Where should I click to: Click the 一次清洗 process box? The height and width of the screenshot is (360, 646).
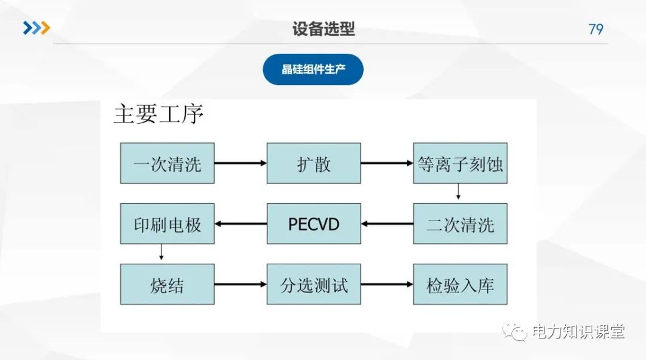[x=167, y=163]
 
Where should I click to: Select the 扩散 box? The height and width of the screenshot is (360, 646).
[x=313, y=163]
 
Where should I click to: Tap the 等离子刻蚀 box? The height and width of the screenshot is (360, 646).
[x=460, y=163]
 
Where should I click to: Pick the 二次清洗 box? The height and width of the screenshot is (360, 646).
[x=460, y=224]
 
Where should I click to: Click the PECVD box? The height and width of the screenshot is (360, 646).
[x=313, y=224]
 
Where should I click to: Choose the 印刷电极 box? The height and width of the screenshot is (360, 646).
[x=167, y=224]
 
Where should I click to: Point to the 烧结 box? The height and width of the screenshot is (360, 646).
[x=167, y=284]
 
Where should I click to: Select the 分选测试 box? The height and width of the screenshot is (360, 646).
[x=313, y=284]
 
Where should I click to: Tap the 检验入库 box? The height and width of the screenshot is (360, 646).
[x=460, y=284]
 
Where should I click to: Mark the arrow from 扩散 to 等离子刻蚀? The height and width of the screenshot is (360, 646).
[x=387, y=163]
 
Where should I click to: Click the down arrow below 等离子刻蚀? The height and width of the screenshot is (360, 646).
[x=458, y=191]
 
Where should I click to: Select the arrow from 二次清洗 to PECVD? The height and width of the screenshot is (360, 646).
[x=387, y=224]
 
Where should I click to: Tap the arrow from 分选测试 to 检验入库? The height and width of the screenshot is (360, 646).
[x=387, y=284]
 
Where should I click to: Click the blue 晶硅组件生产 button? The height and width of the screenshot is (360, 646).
[x=313, y=69]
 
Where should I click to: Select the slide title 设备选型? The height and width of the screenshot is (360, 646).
[x=323, y=29]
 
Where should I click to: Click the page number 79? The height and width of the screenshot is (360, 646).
[x=596, y=29]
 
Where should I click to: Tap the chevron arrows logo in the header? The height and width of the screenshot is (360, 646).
[x=36, y=28]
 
